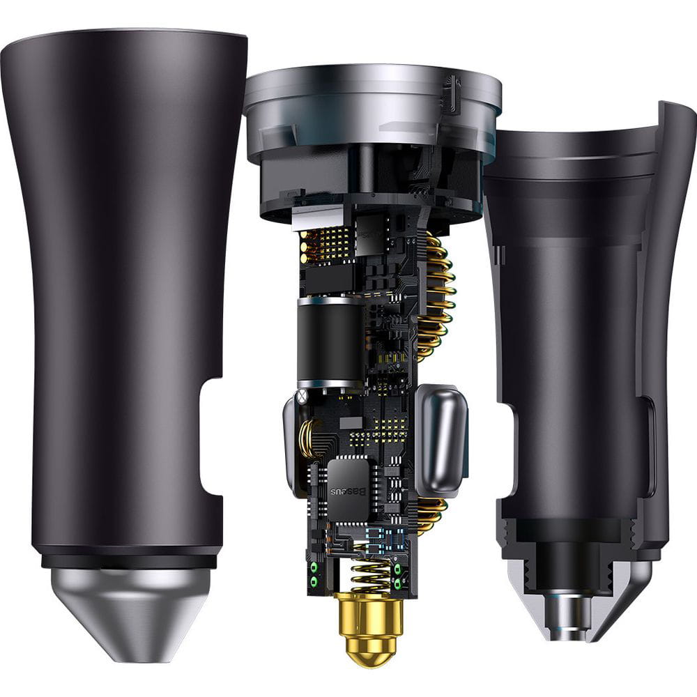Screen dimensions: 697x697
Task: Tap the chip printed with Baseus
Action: pyautogui.click(x=349, y=486)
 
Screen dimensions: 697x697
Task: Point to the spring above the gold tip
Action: pyautogui.click(x=374, y=574)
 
